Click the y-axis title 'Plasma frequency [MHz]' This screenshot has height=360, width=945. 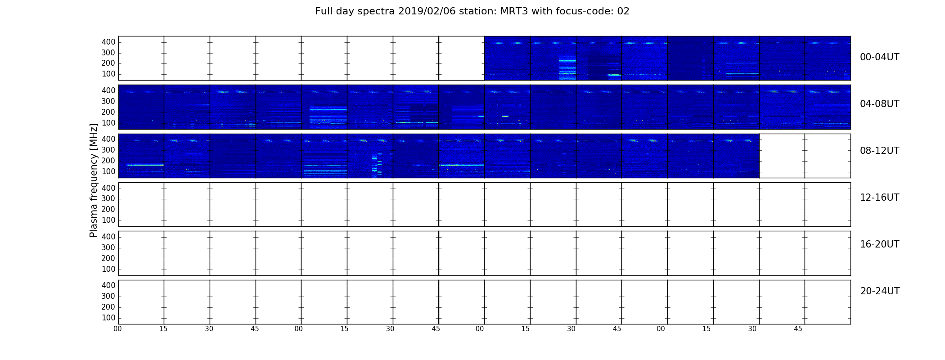click(x=94, y=180)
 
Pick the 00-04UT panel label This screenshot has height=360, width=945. click(x=880, y=57)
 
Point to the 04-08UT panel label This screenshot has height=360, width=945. click(x=880, y=104)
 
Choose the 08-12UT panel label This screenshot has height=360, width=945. click(x=880, y=151)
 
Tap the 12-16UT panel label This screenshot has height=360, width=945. click(x=880, y=198)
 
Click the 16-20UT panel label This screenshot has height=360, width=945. click(x=880, y=244)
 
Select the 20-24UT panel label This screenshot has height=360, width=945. click(x=880, y=291)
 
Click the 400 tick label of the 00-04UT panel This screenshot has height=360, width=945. click(x=108, y=42)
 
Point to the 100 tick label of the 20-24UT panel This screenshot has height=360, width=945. click(x=108, y=318)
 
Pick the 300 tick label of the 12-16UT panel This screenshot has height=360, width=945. click(x=108, y=199)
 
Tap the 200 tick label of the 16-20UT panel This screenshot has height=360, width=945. click(x=108, y=258)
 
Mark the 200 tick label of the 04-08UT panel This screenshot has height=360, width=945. click(x=108, y=112)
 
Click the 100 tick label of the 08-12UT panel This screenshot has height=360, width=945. click(x=108, y=171)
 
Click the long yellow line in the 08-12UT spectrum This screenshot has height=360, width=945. click(x=145, y=165)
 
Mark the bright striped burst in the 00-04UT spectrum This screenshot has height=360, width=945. click(x=567, y=68)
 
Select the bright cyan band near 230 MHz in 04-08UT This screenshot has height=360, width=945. click(x=328, y=109)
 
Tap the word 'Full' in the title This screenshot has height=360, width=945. click(x=323, y=11)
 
